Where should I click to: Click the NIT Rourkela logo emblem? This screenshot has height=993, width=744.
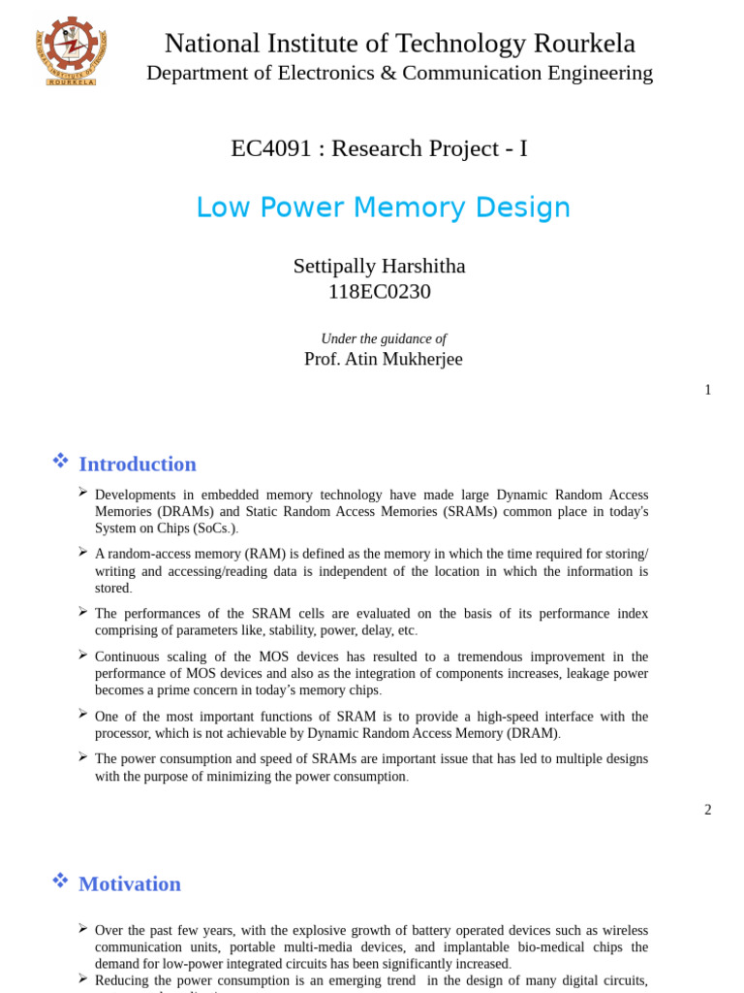click(x=71, y=50)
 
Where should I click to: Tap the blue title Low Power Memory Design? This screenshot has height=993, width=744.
click(x=383, y=208)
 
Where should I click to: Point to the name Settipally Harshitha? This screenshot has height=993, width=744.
click(x=379, y=266)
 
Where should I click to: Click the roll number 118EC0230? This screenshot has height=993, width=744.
click(x=379, y=291)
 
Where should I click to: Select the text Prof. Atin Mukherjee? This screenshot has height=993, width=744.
click(x=383, y=359)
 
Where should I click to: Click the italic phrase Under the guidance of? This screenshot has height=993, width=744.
click(x=383, y=338)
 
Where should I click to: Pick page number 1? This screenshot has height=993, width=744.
click(x=707, y=390)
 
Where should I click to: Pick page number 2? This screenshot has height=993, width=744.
click(x=707, y=810)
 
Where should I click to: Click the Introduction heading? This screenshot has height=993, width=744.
click(x=137, y=464)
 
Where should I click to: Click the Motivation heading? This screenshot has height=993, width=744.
click(x=129, y=883)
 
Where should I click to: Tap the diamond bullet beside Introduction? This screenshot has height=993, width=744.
click(x=60, y=461)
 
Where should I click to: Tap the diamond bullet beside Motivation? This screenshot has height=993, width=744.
click(x=60, y=881)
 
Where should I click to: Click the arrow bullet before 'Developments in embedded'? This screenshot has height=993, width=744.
click(x=83, y=493)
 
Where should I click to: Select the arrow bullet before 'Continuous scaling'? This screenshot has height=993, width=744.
click(x=83, y=655)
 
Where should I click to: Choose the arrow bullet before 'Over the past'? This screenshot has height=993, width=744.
click(x=83, y=928)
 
